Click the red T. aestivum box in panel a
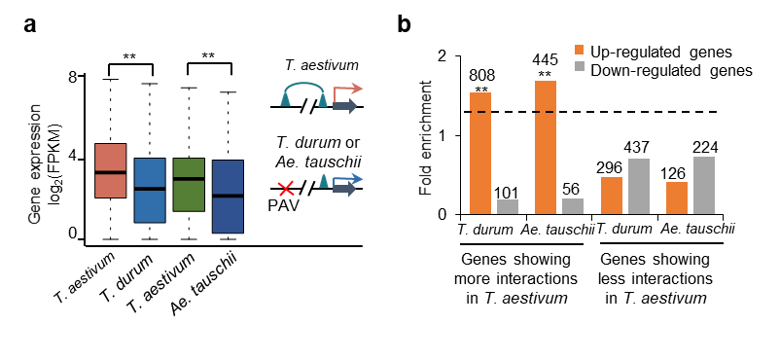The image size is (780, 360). tap(111, 171)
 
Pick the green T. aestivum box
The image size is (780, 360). tap(189, 185)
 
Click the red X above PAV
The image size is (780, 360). tap(286, 189)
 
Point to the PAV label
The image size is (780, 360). tap(286, 205)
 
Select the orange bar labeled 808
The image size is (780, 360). tap(480, 154)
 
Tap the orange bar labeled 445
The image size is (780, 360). tap(546, 147)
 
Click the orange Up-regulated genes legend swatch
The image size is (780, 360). tap(581, 52)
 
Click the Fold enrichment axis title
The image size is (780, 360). tap(425, 140)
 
